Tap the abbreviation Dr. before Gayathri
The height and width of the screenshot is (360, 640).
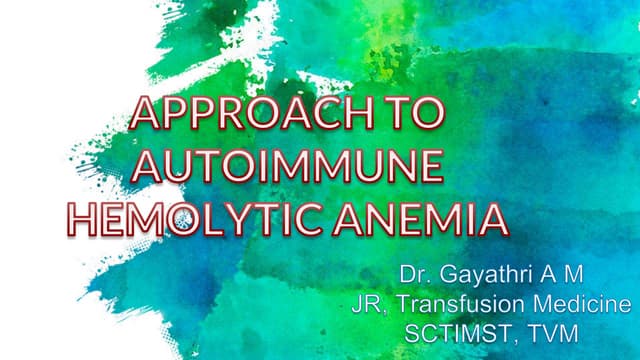tap(415, 273)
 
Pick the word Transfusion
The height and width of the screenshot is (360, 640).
tap(456, 302)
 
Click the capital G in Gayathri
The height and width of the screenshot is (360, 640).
tap(447, 273)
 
